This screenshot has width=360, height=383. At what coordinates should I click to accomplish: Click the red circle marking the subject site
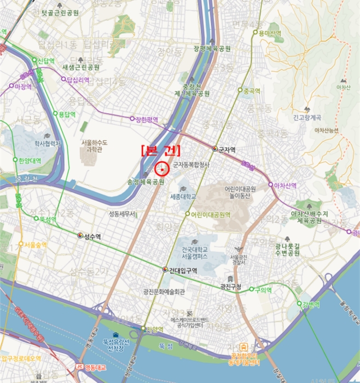[x=162, y=169]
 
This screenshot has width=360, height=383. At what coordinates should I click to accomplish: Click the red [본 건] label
[x=160, y=150]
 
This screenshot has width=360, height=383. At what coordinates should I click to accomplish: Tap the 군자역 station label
[x=227, y=149]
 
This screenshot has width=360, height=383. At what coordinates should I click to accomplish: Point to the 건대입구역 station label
[x=183, y=270]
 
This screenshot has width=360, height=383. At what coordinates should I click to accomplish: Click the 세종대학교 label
[x=183, y=196]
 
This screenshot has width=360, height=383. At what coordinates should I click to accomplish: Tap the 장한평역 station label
[x=147, y=119]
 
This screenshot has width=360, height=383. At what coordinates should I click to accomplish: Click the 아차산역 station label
[x=286, y=185]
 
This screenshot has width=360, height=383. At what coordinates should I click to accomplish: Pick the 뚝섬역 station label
[x=48, y=219]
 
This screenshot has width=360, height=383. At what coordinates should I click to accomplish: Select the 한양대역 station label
[x=30, y=161]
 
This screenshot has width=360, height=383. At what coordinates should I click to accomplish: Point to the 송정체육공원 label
[x=146, y=182]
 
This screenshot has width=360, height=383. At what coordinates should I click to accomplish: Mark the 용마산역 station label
[x=270, y=33]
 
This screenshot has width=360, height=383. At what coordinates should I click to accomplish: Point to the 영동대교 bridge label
[x=95, y=367]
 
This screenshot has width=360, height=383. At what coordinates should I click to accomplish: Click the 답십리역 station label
[x=78, y=80]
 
